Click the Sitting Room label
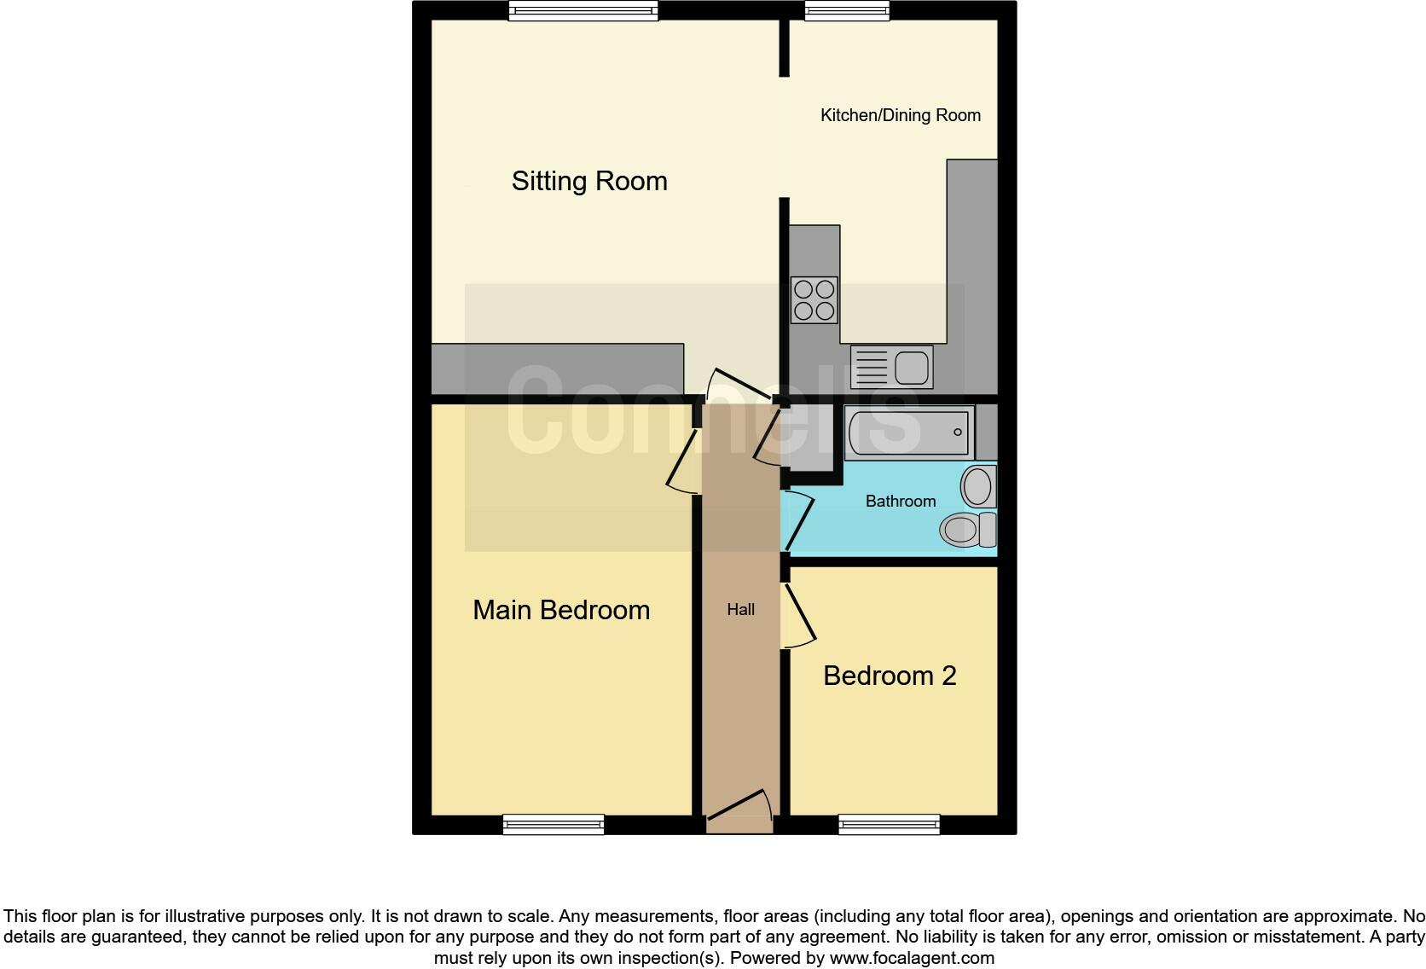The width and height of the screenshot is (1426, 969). tap(589, 181)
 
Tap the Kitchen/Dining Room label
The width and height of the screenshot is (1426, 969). tap(900, 115)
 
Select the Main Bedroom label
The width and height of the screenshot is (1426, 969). tap(561, 610)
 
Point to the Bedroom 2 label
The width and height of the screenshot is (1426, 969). tap(890, 676)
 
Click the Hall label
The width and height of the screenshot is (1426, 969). tap(740, 610)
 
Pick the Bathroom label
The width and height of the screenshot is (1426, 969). tap(900, 502)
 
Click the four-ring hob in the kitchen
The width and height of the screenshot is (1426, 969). tap(814, 299)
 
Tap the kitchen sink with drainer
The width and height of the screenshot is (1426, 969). tap(891, 367)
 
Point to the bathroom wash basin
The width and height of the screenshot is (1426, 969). tap(979, 486)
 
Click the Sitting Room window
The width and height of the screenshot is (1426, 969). tap(584, 10)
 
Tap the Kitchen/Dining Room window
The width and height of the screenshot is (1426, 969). tap(847, 10)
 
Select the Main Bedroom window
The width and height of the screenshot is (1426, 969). tap(554, 824)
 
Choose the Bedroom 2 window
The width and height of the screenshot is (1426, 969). tap(889, 824)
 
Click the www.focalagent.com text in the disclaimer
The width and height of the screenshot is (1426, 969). tap(912, 958)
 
